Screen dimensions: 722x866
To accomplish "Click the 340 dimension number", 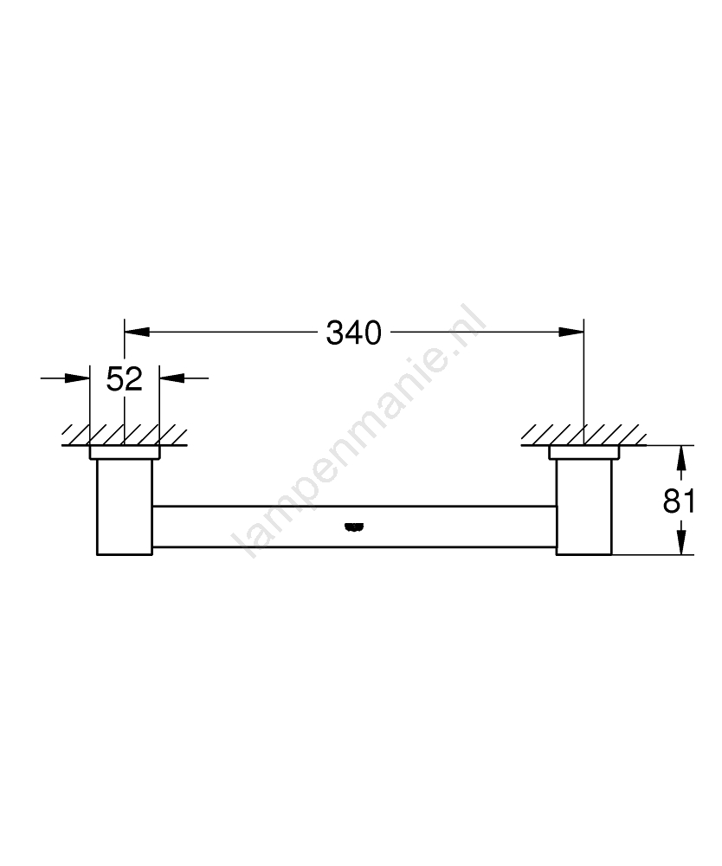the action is pyautogui.click(x=353, y=333).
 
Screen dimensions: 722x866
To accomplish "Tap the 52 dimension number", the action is pyautogui.click(x=124, y=379).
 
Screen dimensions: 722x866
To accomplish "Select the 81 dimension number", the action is pyautogui.click(x=679, y=501).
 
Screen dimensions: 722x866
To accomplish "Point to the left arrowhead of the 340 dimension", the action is pyautogui.click(x=137, y=332).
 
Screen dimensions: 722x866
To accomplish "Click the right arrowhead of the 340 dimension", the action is pyautogui.click(x=571, y=332).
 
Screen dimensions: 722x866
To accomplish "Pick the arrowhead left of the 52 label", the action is pyautogui.click(x=77, y=378).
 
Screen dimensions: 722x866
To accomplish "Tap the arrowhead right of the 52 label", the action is pyautogui.click(x=171, y=378).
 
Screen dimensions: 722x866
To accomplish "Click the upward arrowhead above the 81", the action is pyautogui.click(x=681, y=458).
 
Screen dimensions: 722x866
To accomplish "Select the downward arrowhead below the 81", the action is pyautogui.click(x=681, y=542).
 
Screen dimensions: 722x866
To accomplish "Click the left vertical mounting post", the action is pyautogui.click(x=125, y=507).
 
